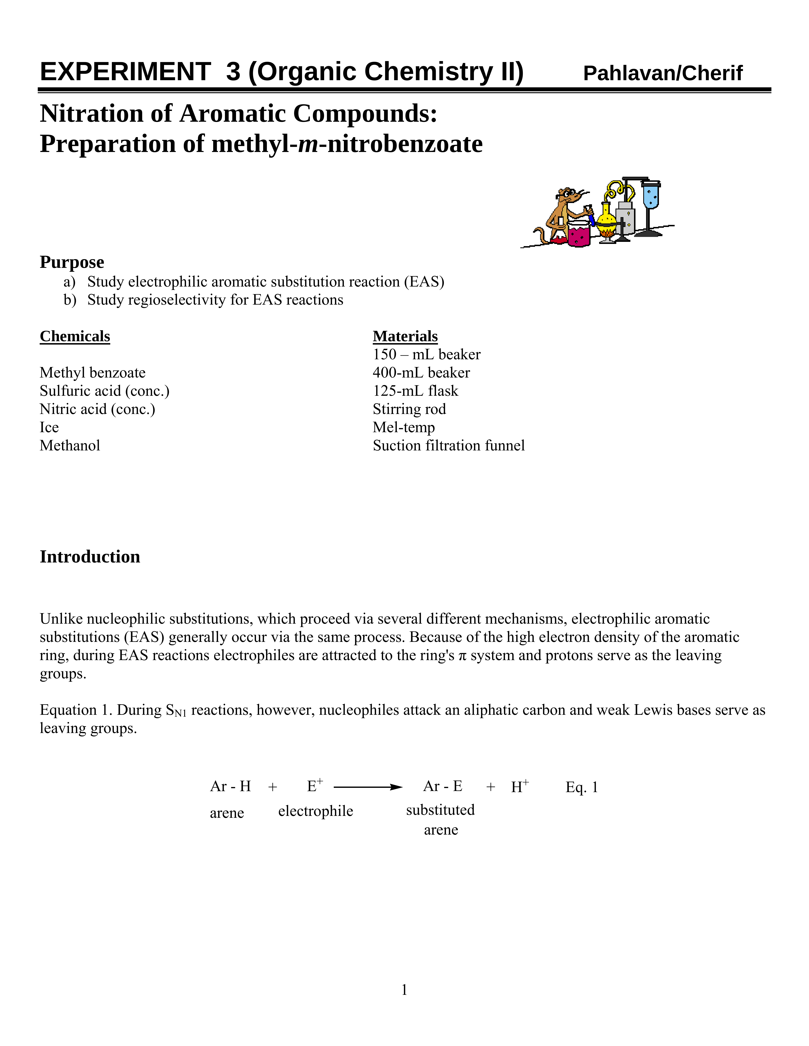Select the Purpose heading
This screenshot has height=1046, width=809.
pyautogui.click(x=72, y=262)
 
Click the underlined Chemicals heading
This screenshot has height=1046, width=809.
pyautogui.click(x=75, y=336)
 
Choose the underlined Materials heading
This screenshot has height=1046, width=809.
pyautogui.click(x=405, y=336)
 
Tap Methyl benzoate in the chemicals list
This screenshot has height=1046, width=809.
pyautogui.click(x=92, y=373)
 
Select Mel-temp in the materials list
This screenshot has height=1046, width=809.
pyautogui.click(x=404, y=427)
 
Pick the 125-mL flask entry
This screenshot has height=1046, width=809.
pyautogui.click(x=415, y=391)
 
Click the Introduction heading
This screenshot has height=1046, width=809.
pyautogui.click(x=90, y=557)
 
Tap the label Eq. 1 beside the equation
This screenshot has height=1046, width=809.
pyautogui.click(x=581, y=787)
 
